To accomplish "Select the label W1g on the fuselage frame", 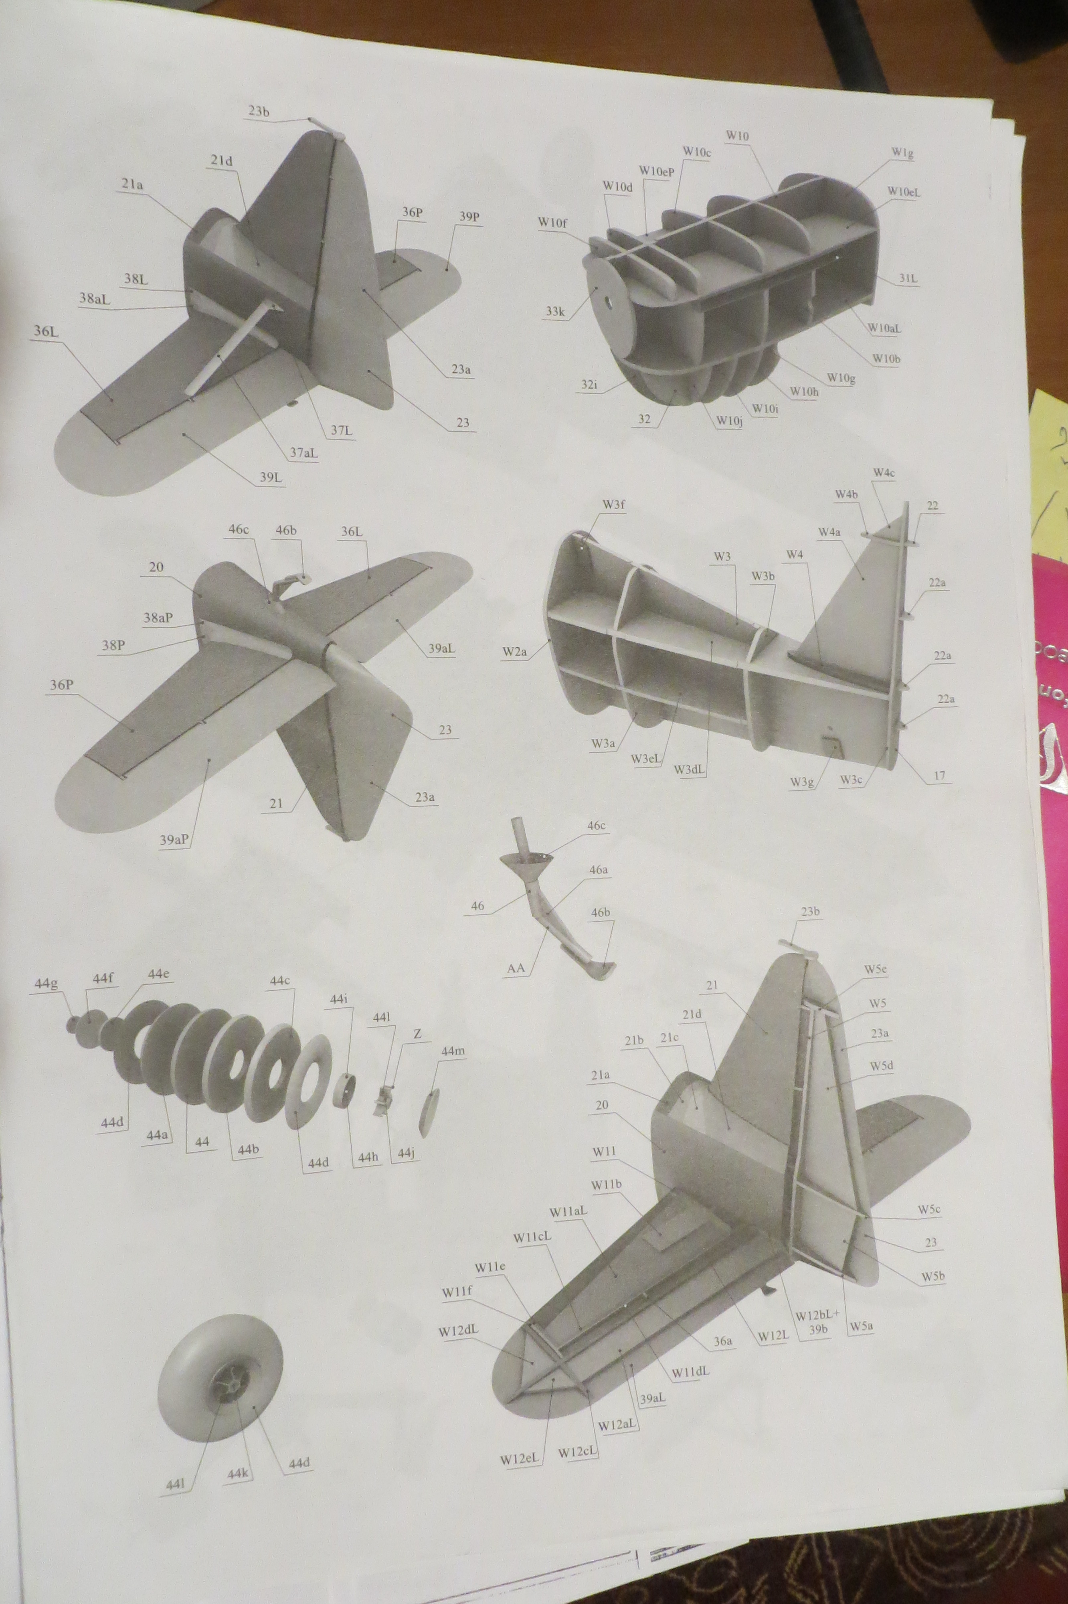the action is click(x=902, y=152).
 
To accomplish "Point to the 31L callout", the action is click(x=908, y=278).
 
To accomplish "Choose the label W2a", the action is click(x=515, y=652).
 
